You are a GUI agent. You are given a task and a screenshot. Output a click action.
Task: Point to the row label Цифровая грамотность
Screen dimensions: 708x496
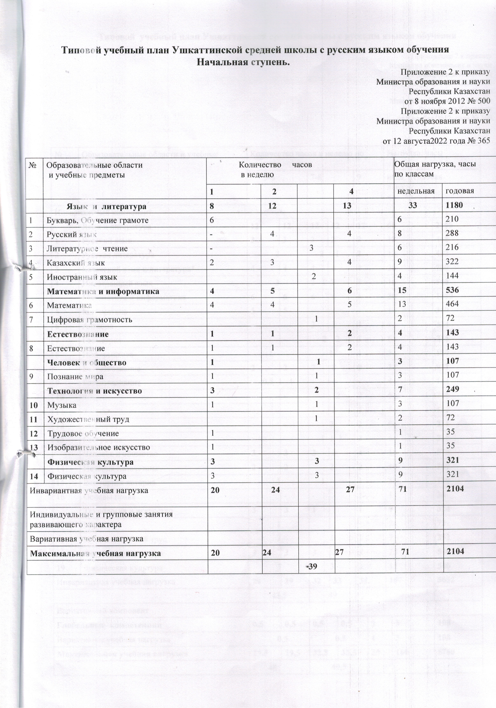point(89,319)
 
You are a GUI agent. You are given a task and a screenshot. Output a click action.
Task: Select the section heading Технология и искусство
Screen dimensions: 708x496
point(94,391)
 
